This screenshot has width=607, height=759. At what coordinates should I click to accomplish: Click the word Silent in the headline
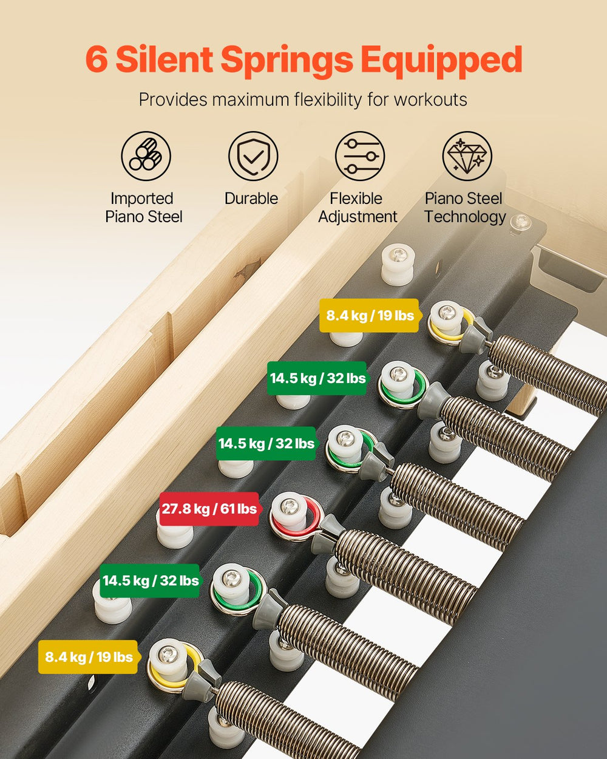coord(164,60)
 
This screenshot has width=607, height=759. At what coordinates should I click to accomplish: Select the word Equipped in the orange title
coord(441,61)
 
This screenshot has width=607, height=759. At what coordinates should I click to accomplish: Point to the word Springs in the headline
coord(287,61)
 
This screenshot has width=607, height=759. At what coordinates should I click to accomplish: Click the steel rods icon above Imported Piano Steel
coord(146,156)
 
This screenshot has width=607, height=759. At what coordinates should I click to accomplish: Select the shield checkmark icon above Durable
coord(253,156)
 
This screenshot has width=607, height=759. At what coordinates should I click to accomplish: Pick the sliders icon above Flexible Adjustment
coord(360,156)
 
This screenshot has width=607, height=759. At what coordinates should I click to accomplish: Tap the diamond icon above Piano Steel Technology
coord(467,156)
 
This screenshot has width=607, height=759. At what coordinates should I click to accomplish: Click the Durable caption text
coord(251,199)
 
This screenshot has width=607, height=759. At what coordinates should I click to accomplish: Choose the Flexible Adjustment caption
coord(358,208)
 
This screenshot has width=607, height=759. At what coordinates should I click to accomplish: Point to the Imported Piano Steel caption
coord(143,208)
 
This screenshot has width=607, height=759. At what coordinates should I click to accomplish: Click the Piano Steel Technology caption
coord(464,208)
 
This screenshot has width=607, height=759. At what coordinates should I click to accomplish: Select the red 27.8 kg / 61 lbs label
coord(209,509)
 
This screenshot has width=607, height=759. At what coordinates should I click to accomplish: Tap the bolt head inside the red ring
coord(291,506)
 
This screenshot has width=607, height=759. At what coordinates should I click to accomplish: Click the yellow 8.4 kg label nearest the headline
coord(370,315)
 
